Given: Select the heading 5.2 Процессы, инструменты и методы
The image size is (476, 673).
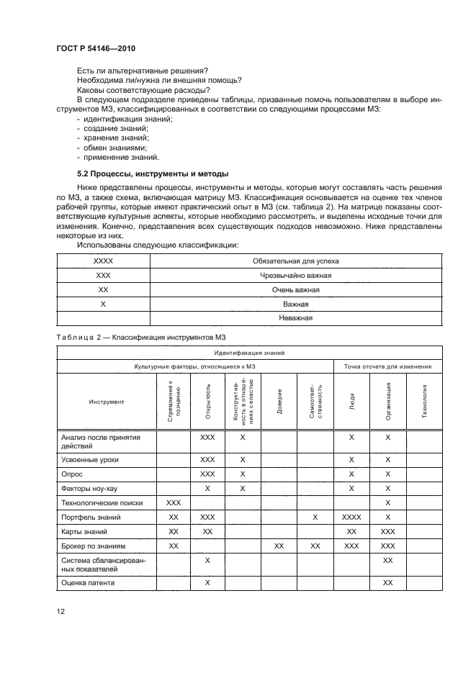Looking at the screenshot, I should [152, 173].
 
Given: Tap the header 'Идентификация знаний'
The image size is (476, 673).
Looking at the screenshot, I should [249, 353].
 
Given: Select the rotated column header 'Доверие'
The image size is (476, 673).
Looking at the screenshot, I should [279, 400].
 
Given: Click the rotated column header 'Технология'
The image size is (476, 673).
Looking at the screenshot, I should [424, 400].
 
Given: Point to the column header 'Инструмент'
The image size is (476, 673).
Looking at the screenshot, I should [106, 402].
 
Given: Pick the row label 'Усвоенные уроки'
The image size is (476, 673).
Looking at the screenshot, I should [91, 459].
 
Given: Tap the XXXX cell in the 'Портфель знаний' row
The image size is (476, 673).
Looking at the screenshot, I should [351, 518].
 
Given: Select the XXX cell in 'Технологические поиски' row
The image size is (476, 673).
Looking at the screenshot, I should [174, 503].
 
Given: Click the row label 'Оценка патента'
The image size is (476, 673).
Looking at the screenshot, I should [88, 582].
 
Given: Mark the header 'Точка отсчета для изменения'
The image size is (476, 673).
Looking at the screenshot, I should [387, 367].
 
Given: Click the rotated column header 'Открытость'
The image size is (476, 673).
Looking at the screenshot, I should [207, 400].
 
